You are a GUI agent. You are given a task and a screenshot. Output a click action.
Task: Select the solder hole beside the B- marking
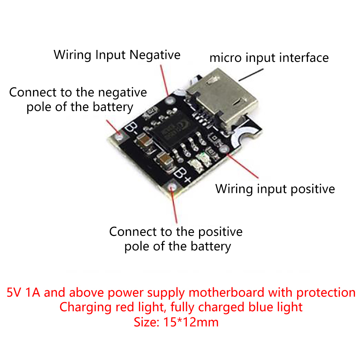coord(119,137)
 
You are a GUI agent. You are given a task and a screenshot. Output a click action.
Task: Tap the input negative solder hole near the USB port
coord(170,100)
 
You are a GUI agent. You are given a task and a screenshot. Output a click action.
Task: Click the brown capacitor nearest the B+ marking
coord(165,161)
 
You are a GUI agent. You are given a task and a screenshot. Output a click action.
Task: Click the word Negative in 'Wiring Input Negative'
coord(155,55)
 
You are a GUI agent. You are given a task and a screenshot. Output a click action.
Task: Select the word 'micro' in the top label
coord(226,57)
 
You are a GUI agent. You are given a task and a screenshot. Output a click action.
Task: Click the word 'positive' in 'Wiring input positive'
coord(313,189)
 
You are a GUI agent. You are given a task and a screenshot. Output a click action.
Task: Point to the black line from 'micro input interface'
coord(251,75)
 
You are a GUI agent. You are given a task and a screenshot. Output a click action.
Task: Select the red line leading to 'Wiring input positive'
coord(243,166)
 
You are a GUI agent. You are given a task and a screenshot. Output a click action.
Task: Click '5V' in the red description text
coord(14,292)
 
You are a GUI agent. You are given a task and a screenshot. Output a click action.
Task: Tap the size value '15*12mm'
coord(191,322)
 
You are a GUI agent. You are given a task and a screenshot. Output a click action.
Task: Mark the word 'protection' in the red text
coord(326,293)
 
